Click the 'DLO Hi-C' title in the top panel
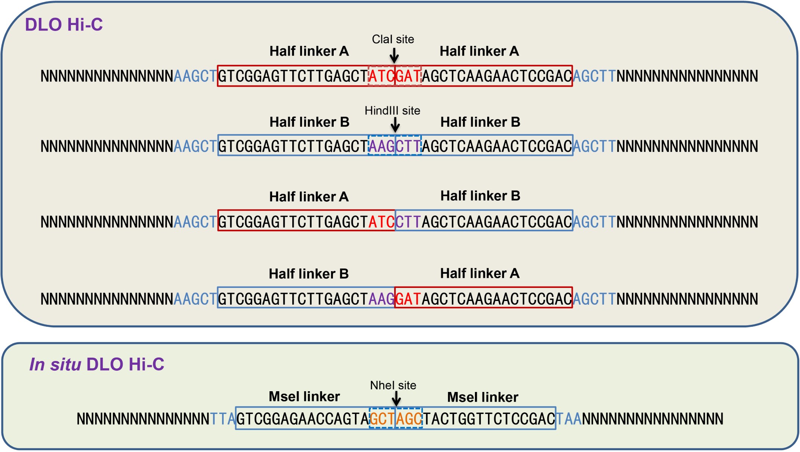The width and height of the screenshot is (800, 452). click(x=64, y=25)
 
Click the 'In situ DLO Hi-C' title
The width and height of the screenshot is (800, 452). click(x=97, y=364)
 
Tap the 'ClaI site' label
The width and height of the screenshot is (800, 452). click(x=393, y=39)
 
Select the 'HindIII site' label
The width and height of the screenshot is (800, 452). click(x=392, y=111)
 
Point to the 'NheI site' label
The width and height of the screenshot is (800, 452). click(x=393, y=385)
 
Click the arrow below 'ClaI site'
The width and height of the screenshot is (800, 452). click(x=394, y=56)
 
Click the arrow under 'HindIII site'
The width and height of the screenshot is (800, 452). click(x=395, y=125)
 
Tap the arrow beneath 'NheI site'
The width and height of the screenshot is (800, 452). click(x=396, y=399)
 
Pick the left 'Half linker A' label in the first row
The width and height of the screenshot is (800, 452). click(x=309, y=51)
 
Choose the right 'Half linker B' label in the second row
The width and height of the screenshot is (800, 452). click(x=480, y=122)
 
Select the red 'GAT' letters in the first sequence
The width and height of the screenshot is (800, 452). click(x=408, y=76)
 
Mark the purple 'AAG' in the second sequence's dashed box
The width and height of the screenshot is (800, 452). click(x=381, y=146)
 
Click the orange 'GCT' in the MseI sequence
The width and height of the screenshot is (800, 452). click(x=382, y=419)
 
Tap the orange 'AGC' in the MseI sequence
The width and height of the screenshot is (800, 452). click(x=409, y=419)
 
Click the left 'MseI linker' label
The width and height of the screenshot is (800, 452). click(x=304, y=396)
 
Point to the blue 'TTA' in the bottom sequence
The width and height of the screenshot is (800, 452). click(x=223, y=419)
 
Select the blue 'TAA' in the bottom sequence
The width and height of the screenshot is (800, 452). click(x=569, y=419)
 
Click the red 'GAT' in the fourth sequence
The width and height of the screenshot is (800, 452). click(x=408, y=299)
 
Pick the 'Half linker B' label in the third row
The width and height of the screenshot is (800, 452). click(x=480, y=196)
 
